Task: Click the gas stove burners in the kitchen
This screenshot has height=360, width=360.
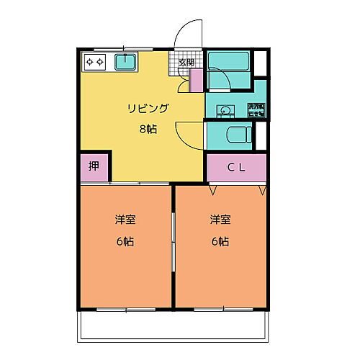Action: tap(94, 62)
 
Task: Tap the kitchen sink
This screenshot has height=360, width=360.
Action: tap(126, 61)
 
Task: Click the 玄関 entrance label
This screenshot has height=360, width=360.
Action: tap(186, 63)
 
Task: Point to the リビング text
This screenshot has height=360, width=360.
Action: tap(148, 109)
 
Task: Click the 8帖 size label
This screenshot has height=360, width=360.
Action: tap(148, 129)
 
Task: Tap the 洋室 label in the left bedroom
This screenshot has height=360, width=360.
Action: tap(124, 219)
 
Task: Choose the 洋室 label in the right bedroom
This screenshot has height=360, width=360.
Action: tap(220, 219)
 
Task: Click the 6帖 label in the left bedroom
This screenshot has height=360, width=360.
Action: tap(124, 241)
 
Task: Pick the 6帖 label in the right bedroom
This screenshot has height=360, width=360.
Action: tap(220, 241)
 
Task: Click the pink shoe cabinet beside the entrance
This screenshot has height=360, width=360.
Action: tap(196, 81)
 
